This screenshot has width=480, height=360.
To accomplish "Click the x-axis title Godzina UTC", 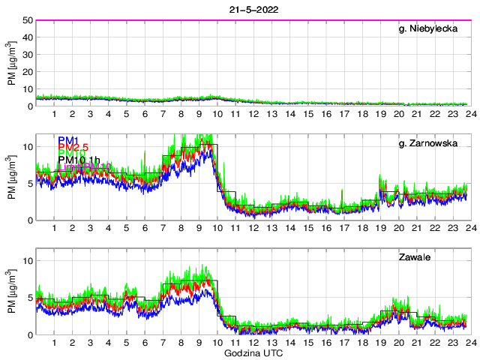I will pyautogui.click(x=253, y=352).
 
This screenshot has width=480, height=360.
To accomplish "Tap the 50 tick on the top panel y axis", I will pyautogui.click(x=28, y=20).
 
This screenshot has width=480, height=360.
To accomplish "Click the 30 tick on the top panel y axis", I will pyautogui.click(x=28, y=55).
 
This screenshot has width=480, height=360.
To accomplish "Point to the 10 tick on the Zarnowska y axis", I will pyautogui.click(x=28, y=147).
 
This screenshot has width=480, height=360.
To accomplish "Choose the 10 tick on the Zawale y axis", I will pyautogui.click(x=28, y=261).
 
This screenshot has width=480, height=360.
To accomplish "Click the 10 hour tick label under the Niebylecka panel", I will pyautogui.click(x=217, y=115).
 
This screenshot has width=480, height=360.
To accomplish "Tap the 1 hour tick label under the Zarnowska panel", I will pyautogui.click(x=55, y=229).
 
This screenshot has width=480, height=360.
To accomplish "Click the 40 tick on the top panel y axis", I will pyautogui.click(x=28, y=37).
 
